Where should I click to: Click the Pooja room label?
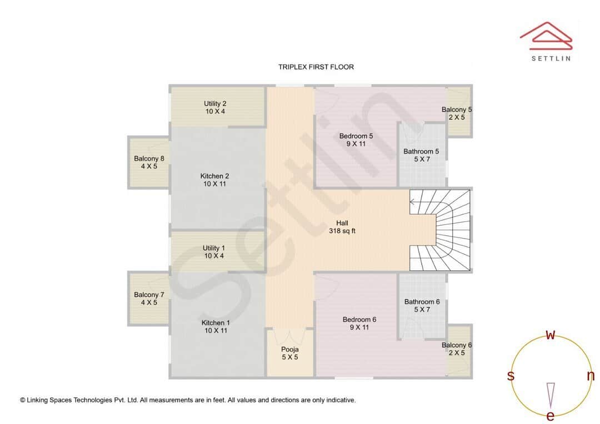coord(290,353)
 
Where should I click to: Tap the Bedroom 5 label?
coord(356,140)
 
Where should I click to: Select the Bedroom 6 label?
coord(359,323)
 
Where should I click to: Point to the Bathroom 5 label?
coord(421,155)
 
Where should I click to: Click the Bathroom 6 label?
coord(422,305)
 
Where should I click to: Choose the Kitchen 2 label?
coord(214,180)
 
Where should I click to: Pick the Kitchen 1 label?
coord(215,326)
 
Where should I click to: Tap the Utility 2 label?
coord(215,107)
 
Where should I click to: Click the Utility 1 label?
coord(214,252)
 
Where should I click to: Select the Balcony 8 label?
coord(149,162)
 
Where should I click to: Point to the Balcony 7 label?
coord(149,299)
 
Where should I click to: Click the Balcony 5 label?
coord(457,113)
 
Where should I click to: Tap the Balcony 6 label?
coord(457,349)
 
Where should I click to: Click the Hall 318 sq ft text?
coord(342,227)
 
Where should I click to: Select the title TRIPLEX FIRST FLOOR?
coord(316,67)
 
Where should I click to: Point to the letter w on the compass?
coord(551,335)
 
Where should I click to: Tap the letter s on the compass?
coord(511,376)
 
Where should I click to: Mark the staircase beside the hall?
coord(440,230)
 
